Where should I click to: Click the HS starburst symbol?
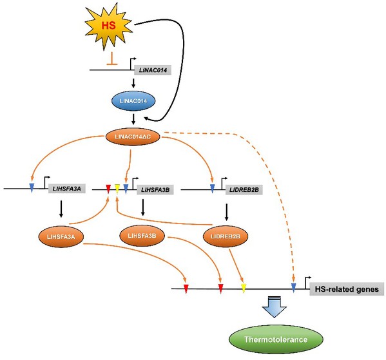109,26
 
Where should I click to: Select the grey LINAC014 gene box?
153,70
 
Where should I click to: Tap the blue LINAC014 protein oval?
133,101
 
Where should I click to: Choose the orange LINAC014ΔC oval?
133,137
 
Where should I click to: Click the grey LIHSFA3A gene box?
67,189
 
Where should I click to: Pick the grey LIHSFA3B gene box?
155,190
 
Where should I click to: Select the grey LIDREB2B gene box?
244,190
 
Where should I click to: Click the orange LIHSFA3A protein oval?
61,237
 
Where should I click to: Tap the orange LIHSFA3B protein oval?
142,236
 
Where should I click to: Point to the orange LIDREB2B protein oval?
226,236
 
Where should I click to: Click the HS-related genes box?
347,289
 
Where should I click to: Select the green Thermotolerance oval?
276,339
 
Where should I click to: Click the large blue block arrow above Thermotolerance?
275,307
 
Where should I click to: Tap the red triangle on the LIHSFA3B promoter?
108,189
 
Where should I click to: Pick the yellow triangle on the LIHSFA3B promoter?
117,189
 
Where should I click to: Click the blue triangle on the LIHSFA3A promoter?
32,188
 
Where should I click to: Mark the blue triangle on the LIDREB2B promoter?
212,189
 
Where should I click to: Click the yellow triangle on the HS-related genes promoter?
244,288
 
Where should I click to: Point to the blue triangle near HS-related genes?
293,288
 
